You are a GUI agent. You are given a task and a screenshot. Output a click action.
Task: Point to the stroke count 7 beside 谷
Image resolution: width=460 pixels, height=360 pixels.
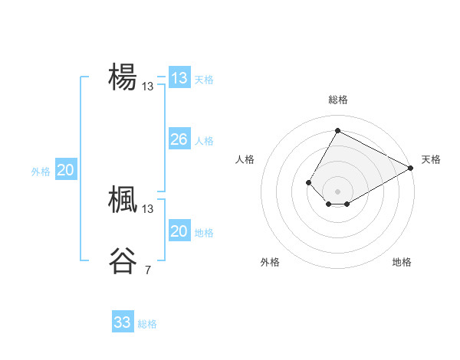pyautogui.click(x=147, y=270)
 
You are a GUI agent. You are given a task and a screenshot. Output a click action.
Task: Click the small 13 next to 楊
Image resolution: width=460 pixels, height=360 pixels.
pyautogui.click(x=147, y=87)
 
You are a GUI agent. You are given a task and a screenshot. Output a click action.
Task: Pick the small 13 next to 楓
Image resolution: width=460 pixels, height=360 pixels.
pyautogui.click(x=147, y=208)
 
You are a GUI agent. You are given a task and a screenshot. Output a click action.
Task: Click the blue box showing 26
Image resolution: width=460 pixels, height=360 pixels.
pyautogui.click(x=179, y=139)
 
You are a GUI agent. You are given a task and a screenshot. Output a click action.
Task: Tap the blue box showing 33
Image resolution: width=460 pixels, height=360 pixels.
pyautogui.click(x=123, y=322)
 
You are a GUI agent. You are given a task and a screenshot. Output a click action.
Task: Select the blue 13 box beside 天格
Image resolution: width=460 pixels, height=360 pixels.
pyautogui.click(x=179, y=78)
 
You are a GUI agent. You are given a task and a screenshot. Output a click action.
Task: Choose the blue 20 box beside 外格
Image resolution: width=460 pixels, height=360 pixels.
pyautogui.click(x=65, y=170)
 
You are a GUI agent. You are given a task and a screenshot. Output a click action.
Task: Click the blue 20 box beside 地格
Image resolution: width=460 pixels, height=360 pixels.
pyautogui.click(x=179, y=231)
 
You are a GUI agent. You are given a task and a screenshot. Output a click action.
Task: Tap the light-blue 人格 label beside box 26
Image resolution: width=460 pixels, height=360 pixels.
pyautogui.click(x=204, y=141)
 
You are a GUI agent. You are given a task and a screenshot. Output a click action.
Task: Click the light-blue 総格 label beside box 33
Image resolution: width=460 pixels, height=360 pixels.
pyautogui.click(x=147, y=324)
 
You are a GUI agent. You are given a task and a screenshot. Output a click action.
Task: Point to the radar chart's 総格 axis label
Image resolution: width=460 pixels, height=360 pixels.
pyautogui.click(x=337, y=100)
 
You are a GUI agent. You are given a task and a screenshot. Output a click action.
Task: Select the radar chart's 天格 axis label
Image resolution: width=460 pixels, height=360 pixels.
pyautogui.click(x=431, y=159)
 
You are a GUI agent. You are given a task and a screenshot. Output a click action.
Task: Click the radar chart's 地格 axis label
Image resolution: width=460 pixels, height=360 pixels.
pyautogui.click(x=402, y=263)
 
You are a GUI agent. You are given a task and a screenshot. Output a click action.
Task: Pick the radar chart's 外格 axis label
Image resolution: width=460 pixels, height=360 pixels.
pyautogui.click(x=270, y=263)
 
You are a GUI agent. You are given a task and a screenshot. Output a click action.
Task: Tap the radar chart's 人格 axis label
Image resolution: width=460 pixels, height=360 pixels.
pyautogui.click(x=245, y=159)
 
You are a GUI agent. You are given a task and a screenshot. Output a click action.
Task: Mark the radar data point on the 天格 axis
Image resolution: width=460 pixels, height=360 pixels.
pyautogui.click(x=411, y=168)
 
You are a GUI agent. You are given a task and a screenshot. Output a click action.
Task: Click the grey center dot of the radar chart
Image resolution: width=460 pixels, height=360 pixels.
pyautogui.click(x=337, y=191)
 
